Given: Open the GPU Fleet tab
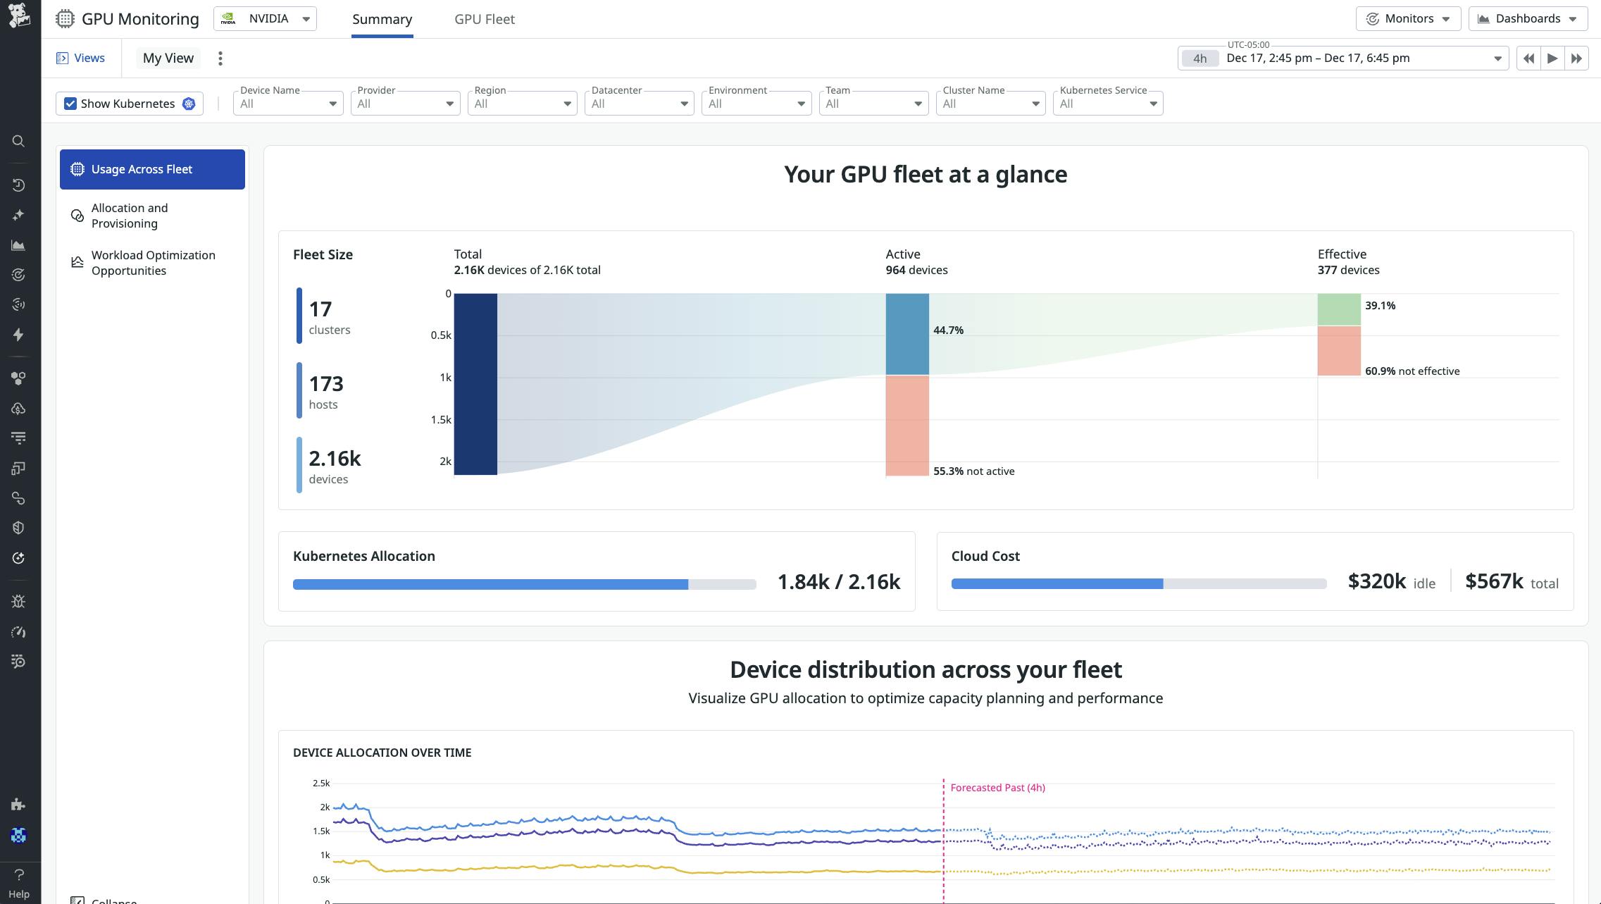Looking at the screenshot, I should point(484,19).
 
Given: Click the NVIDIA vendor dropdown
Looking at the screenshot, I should point(265,18).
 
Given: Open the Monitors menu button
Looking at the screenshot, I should point(1407,18).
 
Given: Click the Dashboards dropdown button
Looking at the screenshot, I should point(1527,18).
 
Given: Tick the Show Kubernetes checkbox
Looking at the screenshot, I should point(70,104).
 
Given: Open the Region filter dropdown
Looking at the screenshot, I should point(522,104).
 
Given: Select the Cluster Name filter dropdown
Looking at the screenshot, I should point(990,104).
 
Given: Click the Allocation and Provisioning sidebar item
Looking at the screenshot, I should point(130,216).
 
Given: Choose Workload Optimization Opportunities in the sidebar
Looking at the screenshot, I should point(153,263).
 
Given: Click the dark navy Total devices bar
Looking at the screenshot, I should point(475,384).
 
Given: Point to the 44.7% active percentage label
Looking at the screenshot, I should point(948,330).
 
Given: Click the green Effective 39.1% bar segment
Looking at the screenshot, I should point(1338,309).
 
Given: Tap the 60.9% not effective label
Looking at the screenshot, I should point(1412,371).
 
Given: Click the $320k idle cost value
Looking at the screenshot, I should point(1376,581).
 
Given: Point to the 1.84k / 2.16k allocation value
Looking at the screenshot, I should point(838,581).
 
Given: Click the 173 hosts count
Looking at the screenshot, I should point(326,384).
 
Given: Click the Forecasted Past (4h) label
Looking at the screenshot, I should point(997,788).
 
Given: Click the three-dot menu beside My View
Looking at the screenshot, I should point(220,58).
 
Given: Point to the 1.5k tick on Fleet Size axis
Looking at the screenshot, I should point(441,419).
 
